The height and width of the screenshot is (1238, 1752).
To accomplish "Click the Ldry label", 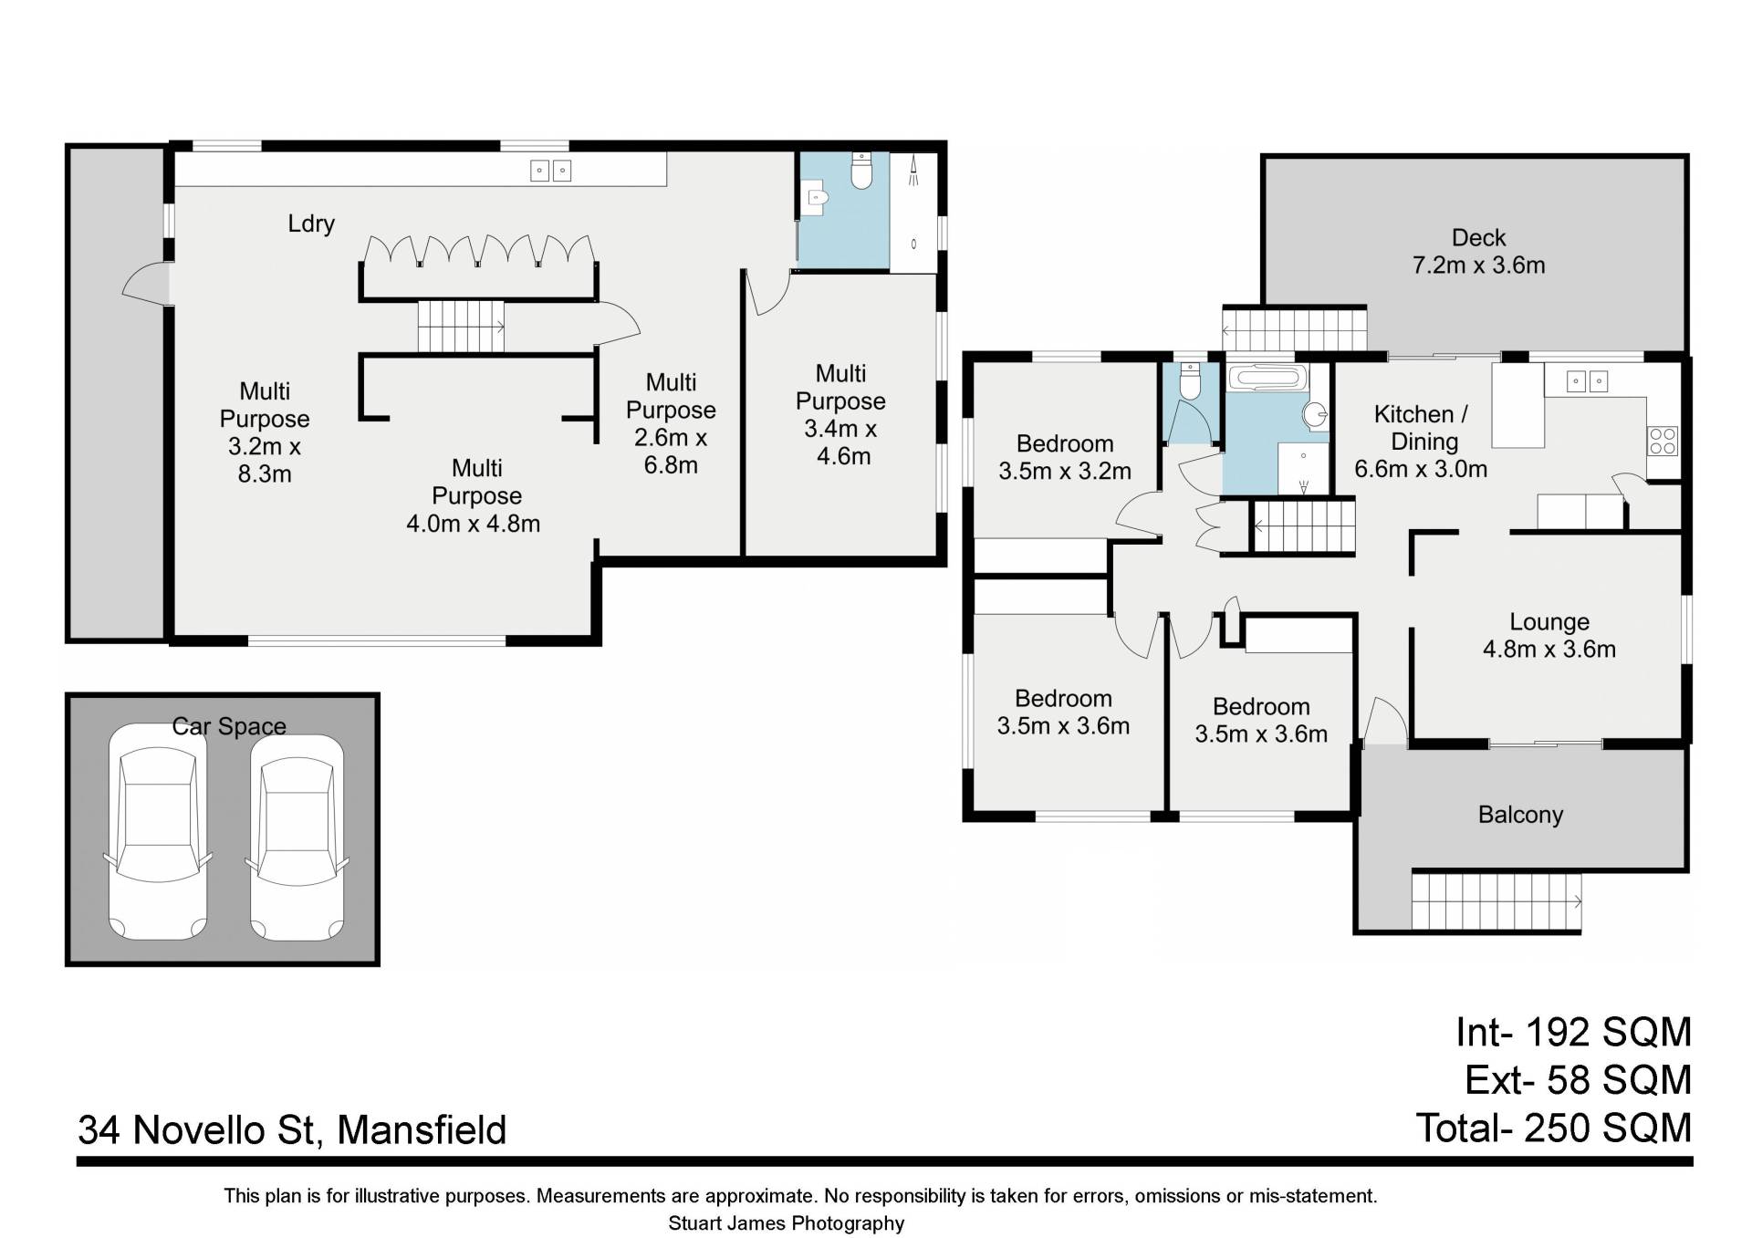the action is (x=311, y=224).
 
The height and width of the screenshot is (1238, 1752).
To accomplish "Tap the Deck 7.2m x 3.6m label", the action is (x=1478, y=251).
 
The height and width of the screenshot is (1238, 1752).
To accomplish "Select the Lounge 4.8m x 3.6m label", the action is (x=1549, y=635).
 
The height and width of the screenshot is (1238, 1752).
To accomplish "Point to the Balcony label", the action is (x=1520, y=815).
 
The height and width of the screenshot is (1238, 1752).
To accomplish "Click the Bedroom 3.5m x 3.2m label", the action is (x=1065, y=457).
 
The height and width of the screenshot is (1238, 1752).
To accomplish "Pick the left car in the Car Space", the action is (x=158, y=831).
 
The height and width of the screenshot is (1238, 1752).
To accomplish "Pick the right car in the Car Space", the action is (x=297, y=837).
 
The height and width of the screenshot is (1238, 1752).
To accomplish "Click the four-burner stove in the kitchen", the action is (x=1663, y=441).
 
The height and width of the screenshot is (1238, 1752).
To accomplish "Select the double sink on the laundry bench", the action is (x=551, y=170).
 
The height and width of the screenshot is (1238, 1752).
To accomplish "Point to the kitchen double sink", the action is (x=1587, y=380).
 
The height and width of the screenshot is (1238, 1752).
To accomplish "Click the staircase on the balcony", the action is (x=1496, y=900).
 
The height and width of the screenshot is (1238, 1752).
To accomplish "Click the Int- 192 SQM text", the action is (x=1573, y=1032).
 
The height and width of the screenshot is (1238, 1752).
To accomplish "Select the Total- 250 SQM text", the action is (x=1553, y=1128).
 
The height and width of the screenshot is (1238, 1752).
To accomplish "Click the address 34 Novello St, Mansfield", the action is (x=292, y=1130).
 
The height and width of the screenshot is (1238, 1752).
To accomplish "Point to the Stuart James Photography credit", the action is (x=786, y=1223).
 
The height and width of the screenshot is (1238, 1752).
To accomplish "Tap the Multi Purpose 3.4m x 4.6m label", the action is (x=840, y=415).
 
